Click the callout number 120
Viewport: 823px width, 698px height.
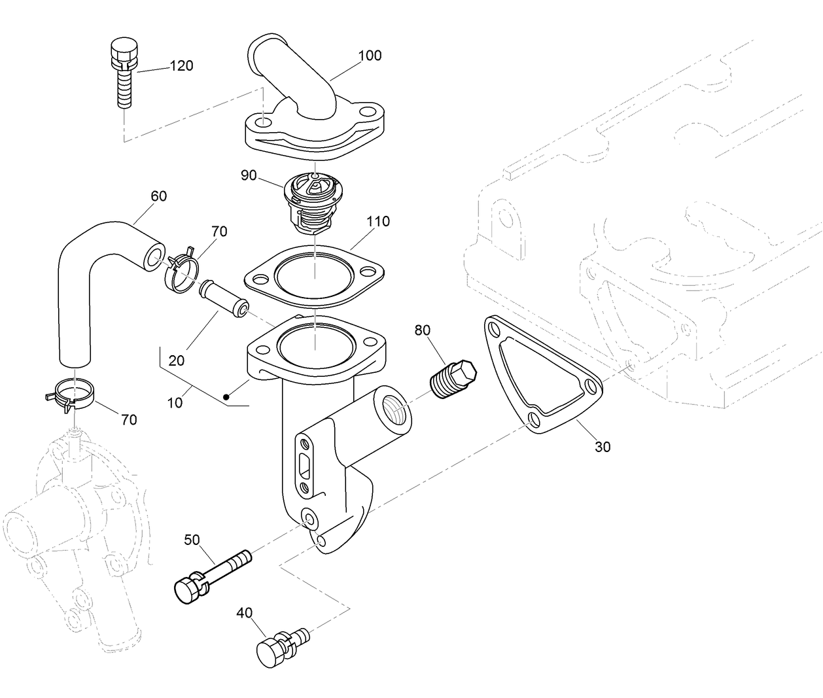181,65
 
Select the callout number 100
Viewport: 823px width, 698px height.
370,56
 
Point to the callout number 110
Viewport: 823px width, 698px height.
377,221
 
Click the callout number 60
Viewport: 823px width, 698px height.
158,196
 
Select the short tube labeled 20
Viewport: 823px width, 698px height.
224,298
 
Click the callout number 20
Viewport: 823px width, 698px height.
176,360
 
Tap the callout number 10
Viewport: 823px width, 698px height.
175,403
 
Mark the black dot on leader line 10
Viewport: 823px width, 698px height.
226,396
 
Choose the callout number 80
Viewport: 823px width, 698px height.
423,330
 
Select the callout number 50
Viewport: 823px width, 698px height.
192,540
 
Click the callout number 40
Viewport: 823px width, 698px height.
244,613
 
